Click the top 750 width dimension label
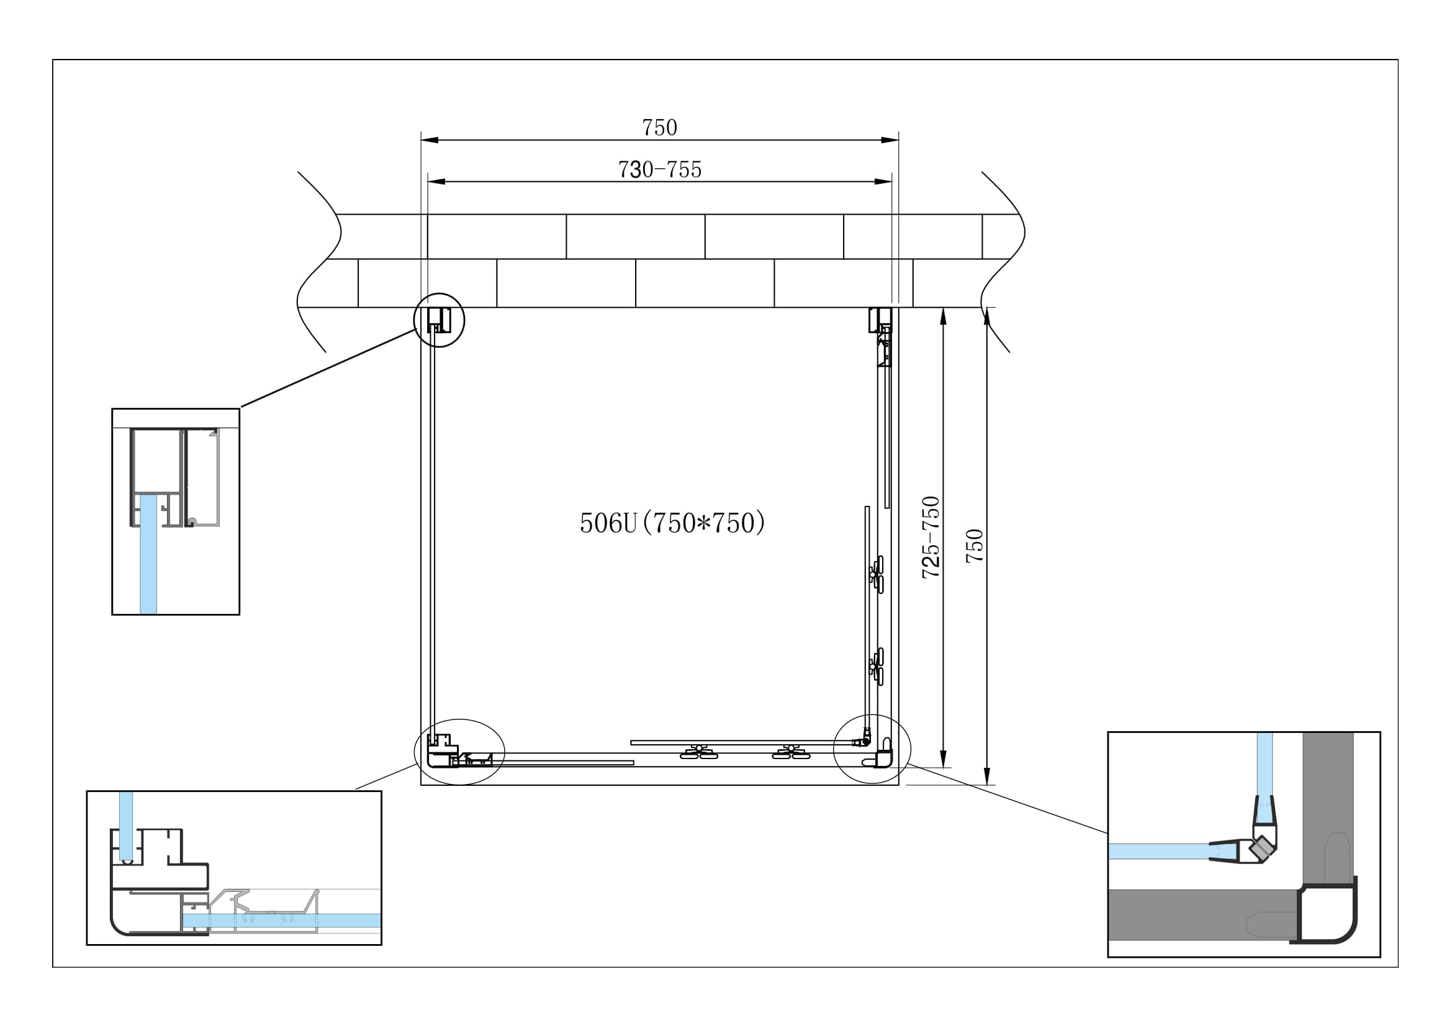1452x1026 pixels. pyautogui.click(x=659, y=128)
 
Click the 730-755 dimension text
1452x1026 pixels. pyautogui.click(x=659, y=169)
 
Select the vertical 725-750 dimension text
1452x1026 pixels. pyautogui.click(x=931, y=538)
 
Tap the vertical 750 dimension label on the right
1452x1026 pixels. pyautogui.click(x=975, y=546)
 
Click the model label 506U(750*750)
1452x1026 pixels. pyautogui.click(x=672, y=523)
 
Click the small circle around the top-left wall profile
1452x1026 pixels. pyautogui.click(x=439, y=295)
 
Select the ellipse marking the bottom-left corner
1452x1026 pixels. pyautogui.click(x=460, y=721)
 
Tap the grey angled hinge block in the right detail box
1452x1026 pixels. pyautogui.click(x=1261, y=848)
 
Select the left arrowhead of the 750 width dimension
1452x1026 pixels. pyautogui.click(x=429, y=140)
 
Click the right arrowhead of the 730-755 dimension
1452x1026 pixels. pyautogui.click(x=883, y=182)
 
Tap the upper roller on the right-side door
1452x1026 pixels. pyautogui.click(x=877, y=574)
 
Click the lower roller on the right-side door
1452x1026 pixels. pyautogui.click(x=877, y=665)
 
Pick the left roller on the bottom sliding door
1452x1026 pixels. pyautogui.click(x=698, y=752)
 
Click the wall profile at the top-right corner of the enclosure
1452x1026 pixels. pyautogui.click(x=880, y=320)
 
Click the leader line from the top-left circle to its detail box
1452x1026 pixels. pyautogui.click(x=328, y=368)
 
